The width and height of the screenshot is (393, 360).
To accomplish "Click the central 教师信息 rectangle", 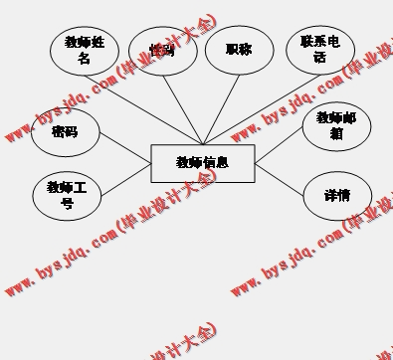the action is click(x=202, y=163).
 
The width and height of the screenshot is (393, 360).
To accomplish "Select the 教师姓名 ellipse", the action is click(x=85, y=51).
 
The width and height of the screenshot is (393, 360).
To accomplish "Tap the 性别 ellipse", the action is click(x=163, y=51).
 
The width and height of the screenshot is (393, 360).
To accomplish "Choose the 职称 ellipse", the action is click(x=239, y=50).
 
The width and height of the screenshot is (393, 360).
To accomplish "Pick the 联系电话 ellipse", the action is click(x=319, y=50).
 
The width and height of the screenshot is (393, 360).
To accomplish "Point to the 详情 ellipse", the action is click(x=336, y=195).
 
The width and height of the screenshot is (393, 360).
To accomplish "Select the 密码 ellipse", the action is click(x=65, y=132).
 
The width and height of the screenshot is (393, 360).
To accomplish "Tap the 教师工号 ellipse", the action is click(x=67, y=195).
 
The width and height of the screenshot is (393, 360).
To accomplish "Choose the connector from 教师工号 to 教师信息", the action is click(x=124, y=179).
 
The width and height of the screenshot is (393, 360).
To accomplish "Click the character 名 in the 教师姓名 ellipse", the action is click(x=85, y=59).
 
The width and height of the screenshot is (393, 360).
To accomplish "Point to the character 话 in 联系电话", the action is click(x=319, y=58).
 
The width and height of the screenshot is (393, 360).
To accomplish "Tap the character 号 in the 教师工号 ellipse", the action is click(x=67, y=204).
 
